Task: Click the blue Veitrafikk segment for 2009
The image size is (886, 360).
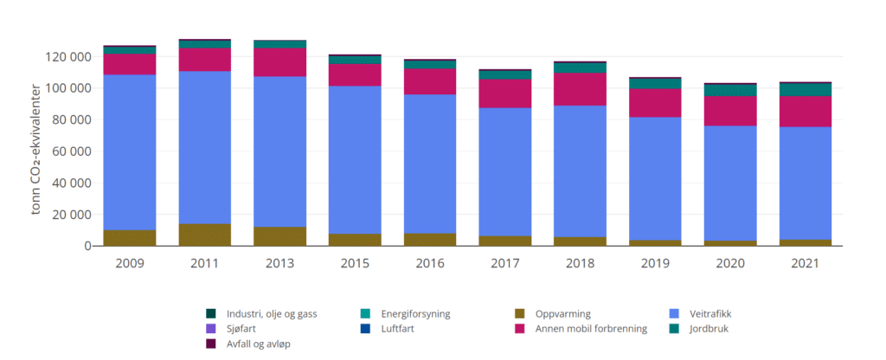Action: coord(129,151)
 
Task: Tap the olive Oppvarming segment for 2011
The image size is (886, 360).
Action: coord(205,235)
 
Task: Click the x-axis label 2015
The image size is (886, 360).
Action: coord(356,260)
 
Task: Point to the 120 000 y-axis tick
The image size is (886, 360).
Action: coord(68,57)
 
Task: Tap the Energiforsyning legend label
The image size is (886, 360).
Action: coord(417,313)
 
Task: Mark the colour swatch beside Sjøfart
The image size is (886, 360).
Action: coord(210,329)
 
